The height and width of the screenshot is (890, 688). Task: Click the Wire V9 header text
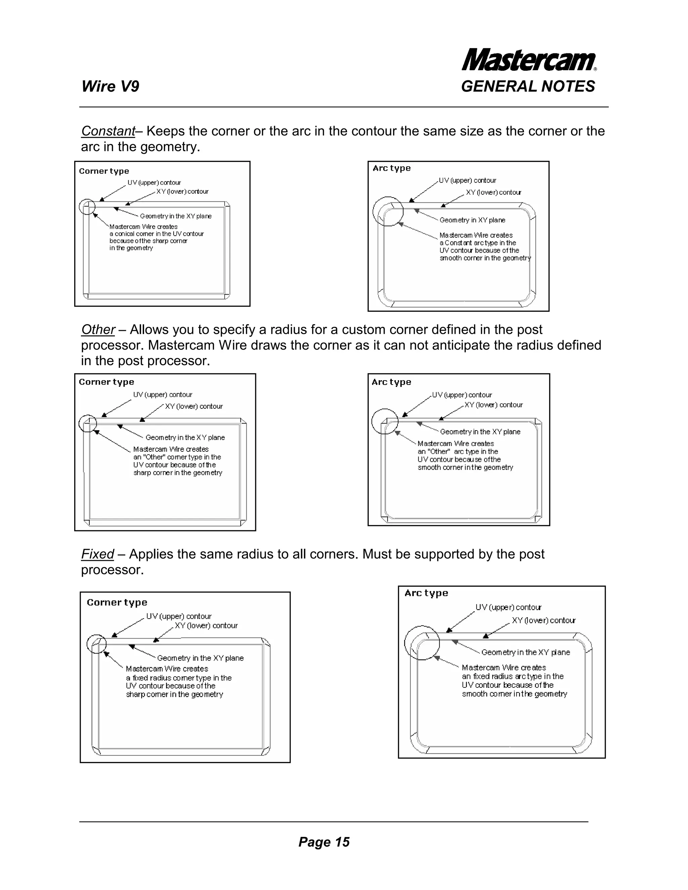(111, 86)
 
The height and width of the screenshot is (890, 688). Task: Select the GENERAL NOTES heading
(528, 86)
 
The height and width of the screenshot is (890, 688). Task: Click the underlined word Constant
(108, 131)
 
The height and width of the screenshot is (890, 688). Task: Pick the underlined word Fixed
(97, 554)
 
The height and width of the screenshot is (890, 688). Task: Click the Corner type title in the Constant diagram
(104, 171)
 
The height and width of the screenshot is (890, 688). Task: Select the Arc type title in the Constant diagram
(392, 168)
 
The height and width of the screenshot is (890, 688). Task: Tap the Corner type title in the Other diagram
(106, 382)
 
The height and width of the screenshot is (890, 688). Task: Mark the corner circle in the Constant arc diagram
(388, 211)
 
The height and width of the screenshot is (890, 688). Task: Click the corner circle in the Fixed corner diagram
(97, 644)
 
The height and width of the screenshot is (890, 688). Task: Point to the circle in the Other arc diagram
(385, 422)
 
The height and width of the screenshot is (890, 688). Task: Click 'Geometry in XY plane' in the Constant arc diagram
(472, 220)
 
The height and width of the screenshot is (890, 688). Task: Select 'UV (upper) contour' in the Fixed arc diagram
(508, 607)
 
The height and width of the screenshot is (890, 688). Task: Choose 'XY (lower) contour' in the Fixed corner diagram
(206, 626)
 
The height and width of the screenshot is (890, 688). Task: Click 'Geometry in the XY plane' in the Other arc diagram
(480, 432)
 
